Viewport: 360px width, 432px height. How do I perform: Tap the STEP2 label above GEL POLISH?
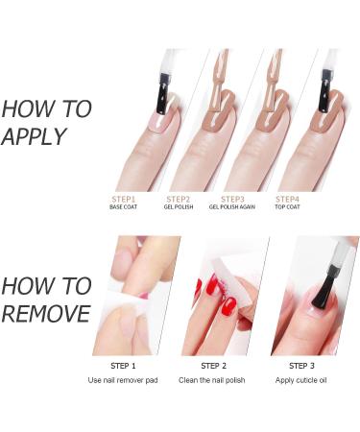coord(179,199)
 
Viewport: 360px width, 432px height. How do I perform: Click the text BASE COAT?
coord(124,207)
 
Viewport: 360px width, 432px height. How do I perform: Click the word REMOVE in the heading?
coord(46,314)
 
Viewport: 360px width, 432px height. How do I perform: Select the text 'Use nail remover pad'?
coord(124,380)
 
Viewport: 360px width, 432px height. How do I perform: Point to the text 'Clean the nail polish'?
coord(213,380)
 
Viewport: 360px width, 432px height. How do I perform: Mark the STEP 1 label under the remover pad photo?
coord(124,366)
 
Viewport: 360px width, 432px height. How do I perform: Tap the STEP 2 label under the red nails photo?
coord(213,366)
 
